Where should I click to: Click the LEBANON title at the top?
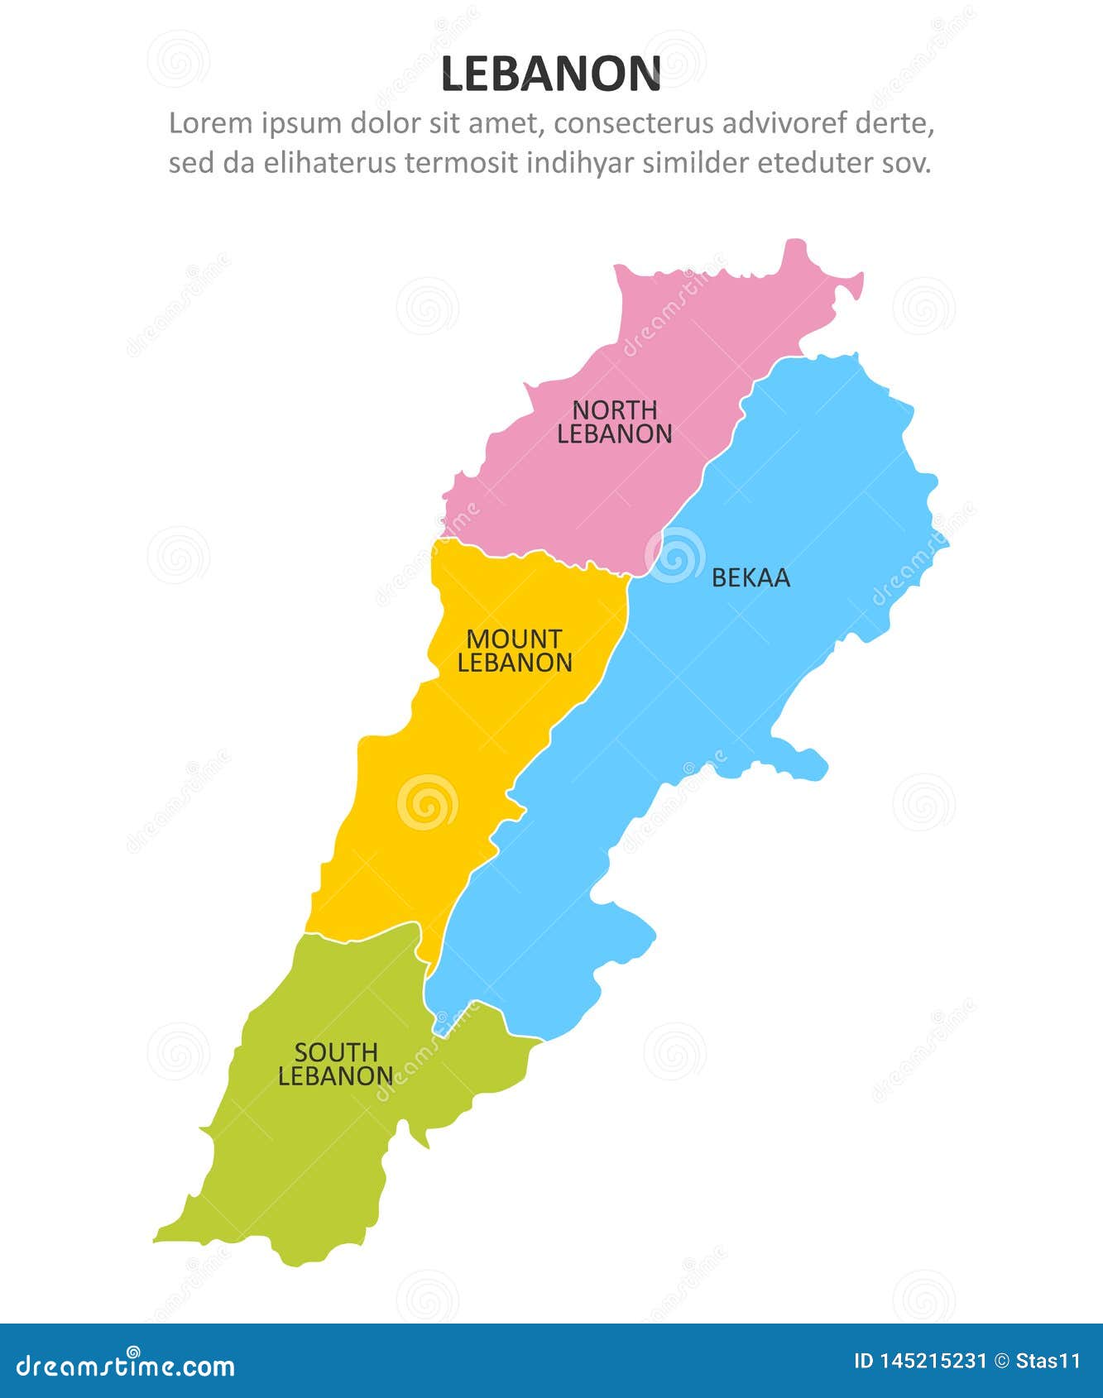[x=551, y=74]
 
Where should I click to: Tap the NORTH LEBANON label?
[x=614, y=422]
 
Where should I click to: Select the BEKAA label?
[x=751, y=578]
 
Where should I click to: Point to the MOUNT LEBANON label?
[x=515, y=651]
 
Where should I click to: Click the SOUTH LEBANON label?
[x=335, y=1065]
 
